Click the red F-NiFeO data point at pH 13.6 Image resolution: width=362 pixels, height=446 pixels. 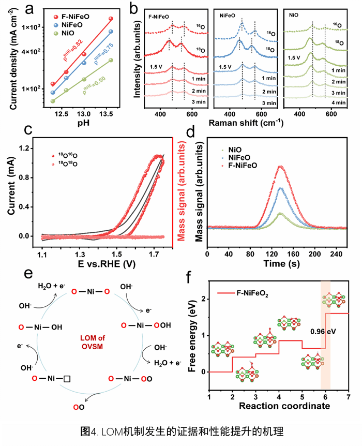[x=111, y=19]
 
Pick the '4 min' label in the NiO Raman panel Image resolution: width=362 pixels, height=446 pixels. [x=338, y=103]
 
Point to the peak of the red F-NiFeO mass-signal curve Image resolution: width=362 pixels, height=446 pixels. [x=280, y=167]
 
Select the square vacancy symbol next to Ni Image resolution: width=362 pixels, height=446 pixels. [x=67, y=379]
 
